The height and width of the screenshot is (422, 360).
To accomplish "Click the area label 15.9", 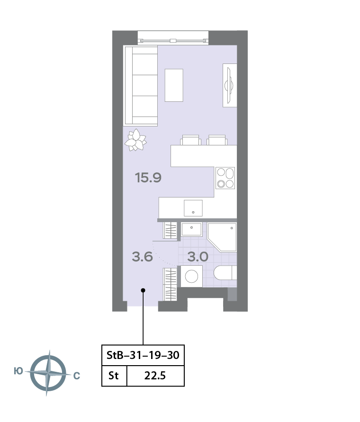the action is tap(148, 178).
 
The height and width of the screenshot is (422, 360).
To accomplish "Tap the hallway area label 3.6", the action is tap(143, 257).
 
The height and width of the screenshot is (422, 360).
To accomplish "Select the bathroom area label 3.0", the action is tap(198, 257).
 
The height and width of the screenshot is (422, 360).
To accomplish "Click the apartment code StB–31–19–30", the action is tap(143, 355).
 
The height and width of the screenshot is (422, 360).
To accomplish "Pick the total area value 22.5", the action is tap(155, 376).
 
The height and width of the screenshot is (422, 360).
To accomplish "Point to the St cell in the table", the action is tap(113, 376).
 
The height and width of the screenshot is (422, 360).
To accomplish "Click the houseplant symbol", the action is tap(135, 140).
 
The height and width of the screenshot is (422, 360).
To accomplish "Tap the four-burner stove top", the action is tap(225, 178).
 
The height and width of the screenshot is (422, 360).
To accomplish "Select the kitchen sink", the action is tap(193, 208).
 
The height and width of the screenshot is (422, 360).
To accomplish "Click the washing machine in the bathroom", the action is tap(191, 276).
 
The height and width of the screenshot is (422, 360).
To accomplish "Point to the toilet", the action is tap(225, 273).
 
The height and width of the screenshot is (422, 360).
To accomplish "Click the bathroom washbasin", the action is tap(191, 230).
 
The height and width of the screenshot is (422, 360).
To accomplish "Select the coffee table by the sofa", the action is tap(174, 85).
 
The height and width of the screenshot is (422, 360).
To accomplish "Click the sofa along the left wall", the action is tap(141, 86).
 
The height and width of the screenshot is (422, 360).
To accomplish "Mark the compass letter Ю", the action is tap(18, 371).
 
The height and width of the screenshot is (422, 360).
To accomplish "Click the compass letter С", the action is tap(77, 376).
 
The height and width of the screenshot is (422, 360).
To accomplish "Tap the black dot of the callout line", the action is tap(143, 290).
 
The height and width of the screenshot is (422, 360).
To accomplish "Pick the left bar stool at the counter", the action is tap(190, 140).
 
